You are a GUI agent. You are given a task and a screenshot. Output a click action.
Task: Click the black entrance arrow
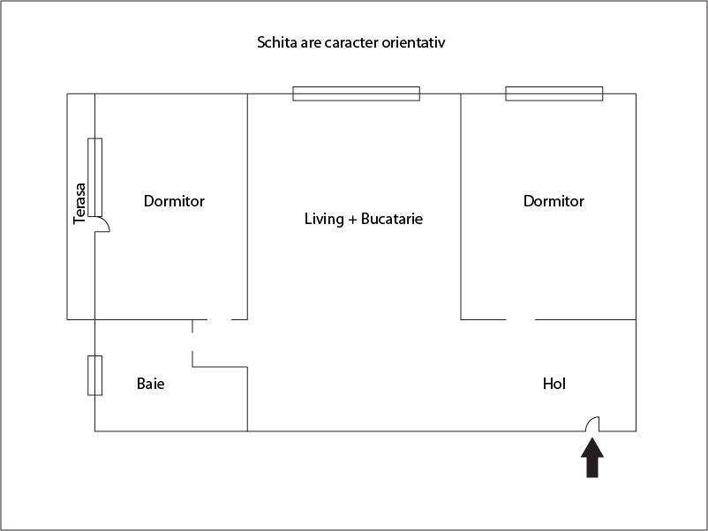coord(592,459)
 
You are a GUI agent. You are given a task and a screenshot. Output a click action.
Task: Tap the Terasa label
coord(80,202)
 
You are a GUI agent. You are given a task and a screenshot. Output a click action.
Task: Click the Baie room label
coord(151,384)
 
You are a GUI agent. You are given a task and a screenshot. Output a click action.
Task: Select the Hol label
coord(554,384)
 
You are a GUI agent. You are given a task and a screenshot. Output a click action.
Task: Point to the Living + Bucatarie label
coord(364,218)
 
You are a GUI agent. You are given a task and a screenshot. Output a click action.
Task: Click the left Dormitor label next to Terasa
coord(174,201)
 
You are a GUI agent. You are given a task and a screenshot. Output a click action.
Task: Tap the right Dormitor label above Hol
coord(554,201)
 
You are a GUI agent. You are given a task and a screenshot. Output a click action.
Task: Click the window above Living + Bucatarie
coord(357,93)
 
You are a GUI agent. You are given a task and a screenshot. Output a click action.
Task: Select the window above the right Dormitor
coord(554,93)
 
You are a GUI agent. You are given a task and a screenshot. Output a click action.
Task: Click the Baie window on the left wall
coord(94,375)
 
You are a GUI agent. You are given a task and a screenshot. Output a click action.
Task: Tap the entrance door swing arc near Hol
coord(593,423)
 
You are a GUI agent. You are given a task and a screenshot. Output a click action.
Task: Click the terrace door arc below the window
coord(102,226)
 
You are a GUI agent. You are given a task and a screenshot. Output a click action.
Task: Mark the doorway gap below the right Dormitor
coord(521,319)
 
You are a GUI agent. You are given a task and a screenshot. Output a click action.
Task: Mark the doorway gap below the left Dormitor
coord(219,319)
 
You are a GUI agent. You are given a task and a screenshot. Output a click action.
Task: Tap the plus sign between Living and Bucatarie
coord(352,219)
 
